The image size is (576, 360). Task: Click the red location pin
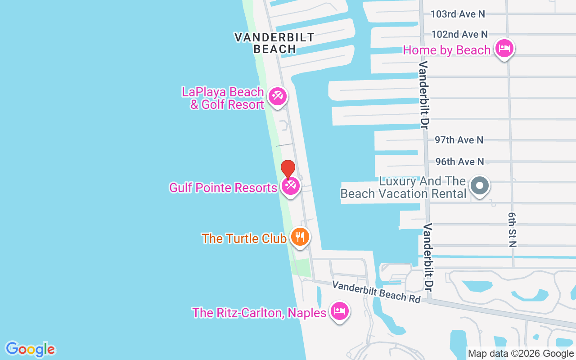click(288, 169)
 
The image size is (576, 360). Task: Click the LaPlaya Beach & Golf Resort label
click(223, 99)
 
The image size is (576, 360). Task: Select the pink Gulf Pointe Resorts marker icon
click(290, 185)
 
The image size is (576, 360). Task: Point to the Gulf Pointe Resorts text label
click(223, 188)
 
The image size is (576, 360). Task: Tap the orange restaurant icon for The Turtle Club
click(300, 237)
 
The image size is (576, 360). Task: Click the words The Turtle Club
click(244, 238)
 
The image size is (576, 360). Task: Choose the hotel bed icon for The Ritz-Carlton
click(340, 311)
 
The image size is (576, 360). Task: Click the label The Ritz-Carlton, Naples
click(259, 313)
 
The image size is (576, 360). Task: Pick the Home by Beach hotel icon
click(504, 48)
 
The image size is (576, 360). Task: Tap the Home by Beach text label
click(446, 50)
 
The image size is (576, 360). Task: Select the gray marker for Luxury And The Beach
click(480, 185)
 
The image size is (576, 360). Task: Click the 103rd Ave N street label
click(458, 14)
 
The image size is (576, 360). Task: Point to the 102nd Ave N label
click(459, 34)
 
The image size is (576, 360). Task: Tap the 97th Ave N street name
click(459, 140)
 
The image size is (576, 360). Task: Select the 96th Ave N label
click(459, 162)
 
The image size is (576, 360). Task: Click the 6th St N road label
click(512, 230)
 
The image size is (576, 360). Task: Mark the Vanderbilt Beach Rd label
click(376, 292)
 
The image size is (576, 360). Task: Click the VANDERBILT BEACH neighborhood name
click(274, 43)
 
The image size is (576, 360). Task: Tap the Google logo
click(30, 349)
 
